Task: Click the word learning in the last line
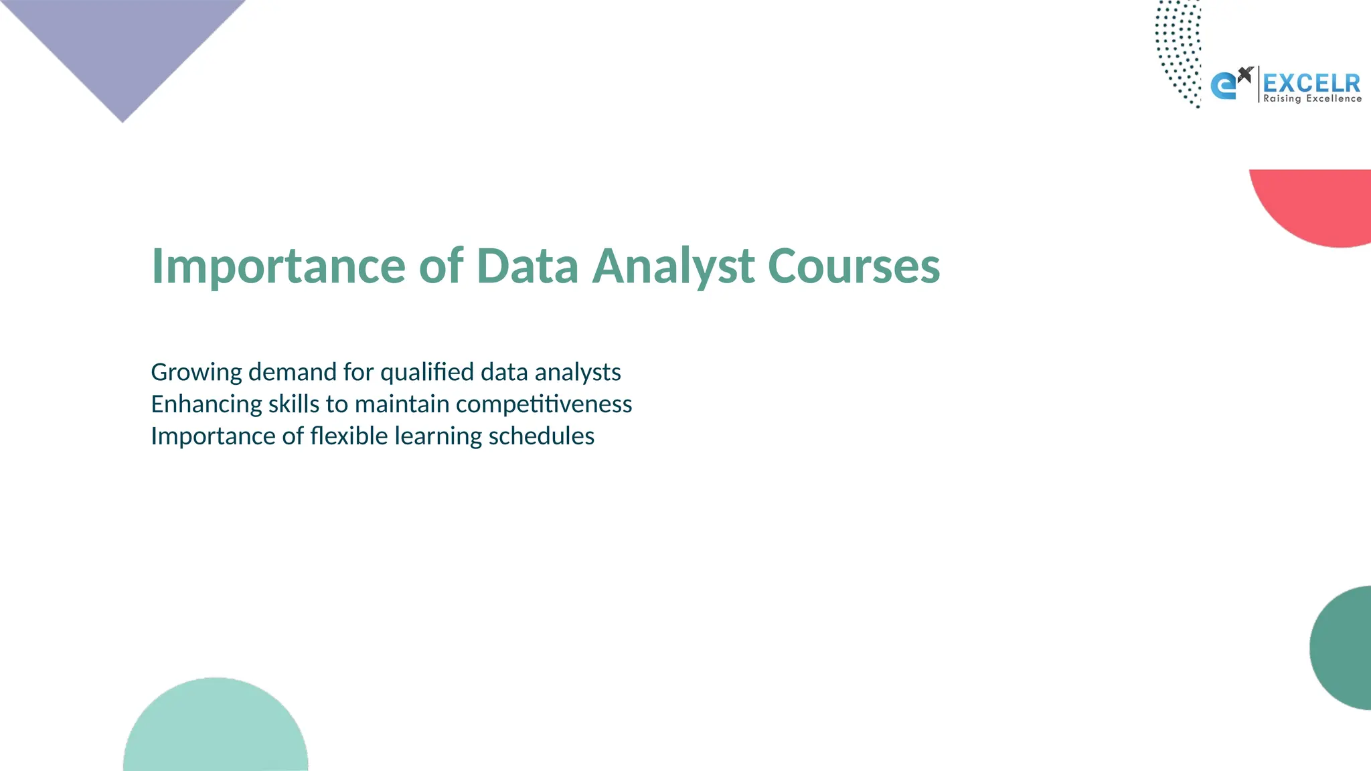[438, 437]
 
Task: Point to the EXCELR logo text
[1311, 84]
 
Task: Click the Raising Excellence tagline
[1312, 99]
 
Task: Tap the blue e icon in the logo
[1224, 86]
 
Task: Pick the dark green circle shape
[1343, 648]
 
